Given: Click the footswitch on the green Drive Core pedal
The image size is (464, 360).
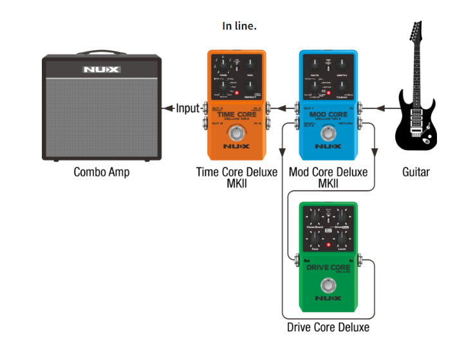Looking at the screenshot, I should click(x=329, y=285).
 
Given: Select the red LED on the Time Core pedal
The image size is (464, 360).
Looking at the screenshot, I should click(x=237, y=94).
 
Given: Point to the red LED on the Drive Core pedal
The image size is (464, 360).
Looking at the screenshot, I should click(x=328, y=245).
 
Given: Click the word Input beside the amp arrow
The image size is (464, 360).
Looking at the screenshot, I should click(x=188, y=108).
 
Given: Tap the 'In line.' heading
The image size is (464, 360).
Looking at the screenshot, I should click(x=239, y=26).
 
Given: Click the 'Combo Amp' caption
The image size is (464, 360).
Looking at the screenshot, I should click(x=101, y=172).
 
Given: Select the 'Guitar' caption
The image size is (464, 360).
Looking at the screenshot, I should click(x=415, y=172).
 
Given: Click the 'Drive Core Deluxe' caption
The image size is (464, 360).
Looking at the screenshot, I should click(x=328, y=327).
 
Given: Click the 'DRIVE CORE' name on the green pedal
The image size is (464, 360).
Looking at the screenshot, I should click(x=328, y=267).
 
